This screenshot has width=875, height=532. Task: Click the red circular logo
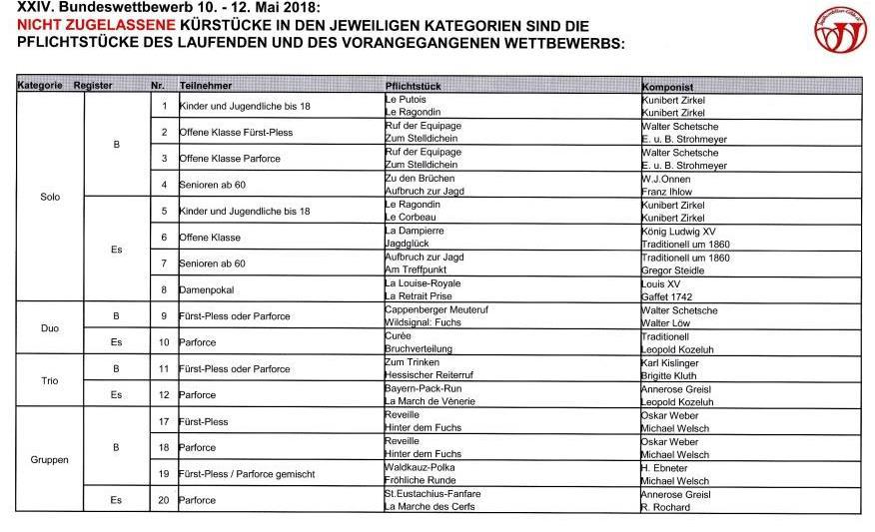pos(840,29)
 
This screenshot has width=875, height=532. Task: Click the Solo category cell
pos(50,197)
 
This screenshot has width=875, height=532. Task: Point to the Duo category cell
pos(50,328)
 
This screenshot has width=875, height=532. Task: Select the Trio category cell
pos(50,381)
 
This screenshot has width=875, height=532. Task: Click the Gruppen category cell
pos(50,460)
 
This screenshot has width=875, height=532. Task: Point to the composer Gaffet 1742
pos(666,296)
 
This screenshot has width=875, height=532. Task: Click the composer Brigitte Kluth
pos(670,376)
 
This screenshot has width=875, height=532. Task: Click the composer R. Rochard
pos(664,507)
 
